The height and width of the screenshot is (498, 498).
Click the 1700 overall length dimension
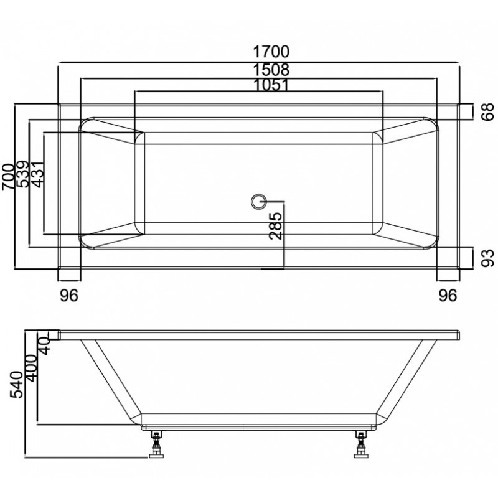click(271, 52)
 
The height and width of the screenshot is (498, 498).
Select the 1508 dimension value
click(271, 70)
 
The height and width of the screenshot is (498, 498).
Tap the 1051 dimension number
click(271, 85)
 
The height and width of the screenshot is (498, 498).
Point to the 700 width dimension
click(8, 177)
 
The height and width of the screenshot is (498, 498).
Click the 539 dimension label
click(23, 174)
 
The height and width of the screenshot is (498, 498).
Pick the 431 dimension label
click(37, 174)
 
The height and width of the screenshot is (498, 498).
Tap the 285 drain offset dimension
click(275, 225)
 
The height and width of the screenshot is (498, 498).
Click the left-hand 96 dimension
click(69, 296)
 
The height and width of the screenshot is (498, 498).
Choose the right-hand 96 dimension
click(448, 296)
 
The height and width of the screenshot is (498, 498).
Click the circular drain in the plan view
click(258, 201)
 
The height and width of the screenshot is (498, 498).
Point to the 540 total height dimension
click(17, 385)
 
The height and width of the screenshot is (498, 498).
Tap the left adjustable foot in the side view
click(156, 444)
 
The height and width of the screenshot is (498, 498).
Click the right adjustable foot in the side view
click(361, 444)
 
